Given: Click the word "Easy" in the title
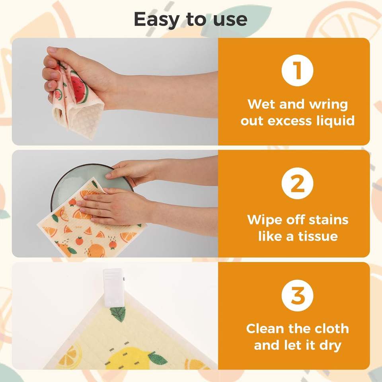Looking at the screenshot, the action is (156, 20).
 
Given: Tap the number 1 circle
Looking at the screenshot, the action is (297, 70).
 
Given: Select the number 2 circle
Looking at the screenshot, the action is (297, 183).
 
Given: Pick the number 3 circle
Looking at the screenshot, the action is (297, 295).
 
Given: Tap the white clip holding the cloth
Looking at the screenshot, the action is (114, 288).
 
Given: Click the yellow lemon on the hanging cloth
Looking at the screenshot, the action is (128, 358).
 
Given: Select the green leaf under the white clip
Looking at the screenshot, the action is (118, 314).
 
